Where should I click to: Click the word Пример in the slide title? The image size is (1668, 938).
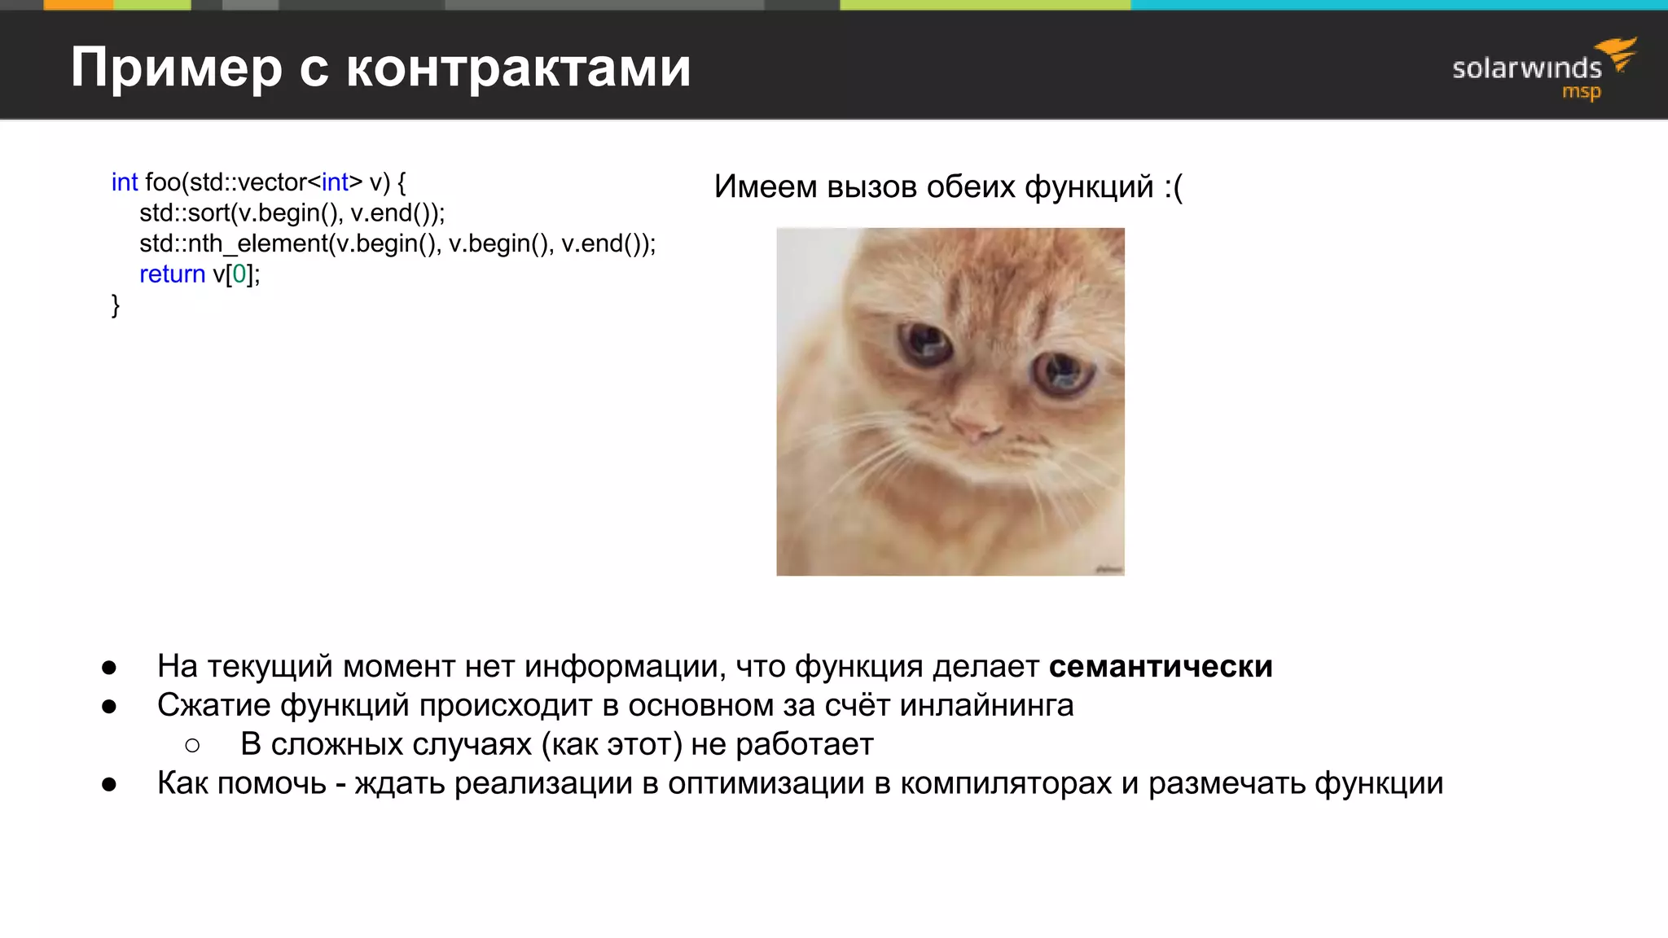pyautogui.click(x=176, y=68)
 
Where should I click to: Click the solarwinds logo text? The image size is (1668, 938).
pyautogui.click(x=1526, y=68)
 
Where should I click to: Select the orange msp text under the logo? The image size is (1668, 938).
pyautogui.click(x=1581, y=92)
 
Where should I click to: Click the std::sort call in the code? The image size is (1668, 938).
pyautogui.click(x=185, y=213)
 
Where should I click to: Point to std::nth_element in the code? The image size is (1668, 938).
pyautogui.click(x=234, y=244)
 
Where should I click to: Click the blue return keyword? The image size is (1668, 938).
pyautogui.click(x=172, y=274)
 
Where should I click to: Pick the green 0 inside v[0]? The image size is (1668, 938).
pyautogui.click(x=239, y=274)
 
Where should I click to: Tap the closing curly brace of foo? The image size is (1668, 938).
pyautogui.click(x=116, y=305)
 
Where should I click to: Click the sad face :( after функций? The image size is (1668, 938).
pyautogui.click(x=1173, y=187)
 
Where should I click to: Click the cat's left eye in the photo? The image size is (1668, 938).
pyautogui.click(x=926, y=342)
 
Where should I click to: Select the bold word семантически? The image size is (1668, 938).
pyautogui.click(x=1160, y=667)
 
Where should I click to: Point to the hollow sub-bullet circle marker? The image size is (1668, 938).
pyautogui.click(x=192, y=745)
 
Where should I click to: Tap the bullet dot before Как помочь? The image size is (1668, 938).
pyautogui.click(x=109, y=785)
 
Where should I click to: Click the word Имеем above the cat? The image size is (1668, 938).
pyautogui.click(x=765, y=187)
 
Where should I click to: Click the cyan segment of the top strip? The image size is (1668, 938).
pyautogui.click(x=1398, y=5)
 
